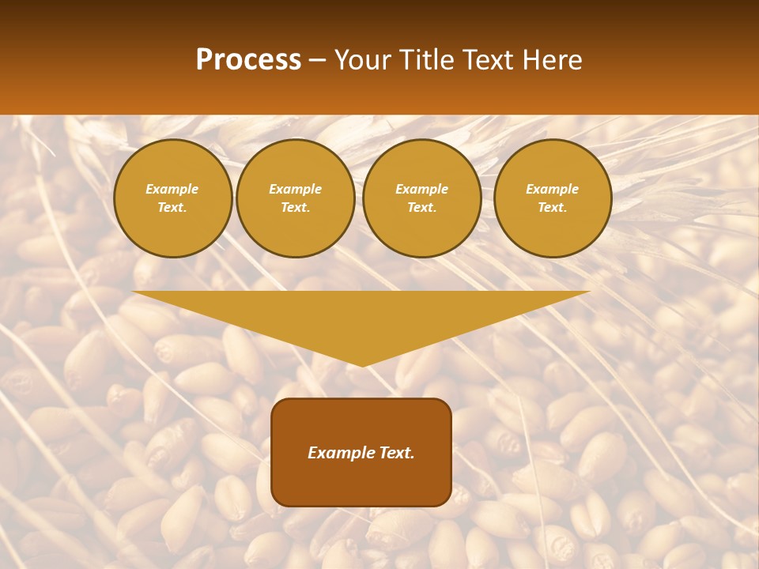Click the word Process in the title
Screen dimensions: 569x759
pos(248,60)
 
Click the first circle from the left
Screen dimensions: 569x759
pos(172,198)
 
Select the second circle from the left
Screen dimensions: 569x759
pos(296,198)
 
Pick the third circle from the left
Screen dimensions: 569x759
pos(421,198)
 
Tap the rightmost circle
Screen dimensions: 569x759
pos(553,198)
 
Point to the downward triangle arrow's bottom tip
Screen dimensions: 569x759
pos(362,364)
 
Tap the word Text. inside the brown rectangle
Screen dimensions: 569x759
pos(395,453)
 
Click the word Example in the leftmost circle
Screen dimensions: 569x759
pos(172,189)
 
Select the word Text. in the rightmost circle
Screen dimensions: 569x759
pos(553,208)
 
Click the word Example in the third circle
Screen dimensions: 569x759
pos(421,189)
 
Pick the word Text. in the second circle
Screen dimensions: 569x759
pos(296,208)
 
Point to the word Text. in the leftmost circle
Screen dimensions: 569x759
pos(172,208)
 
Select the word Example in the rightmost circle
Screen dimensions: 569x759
pos(553,189)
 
